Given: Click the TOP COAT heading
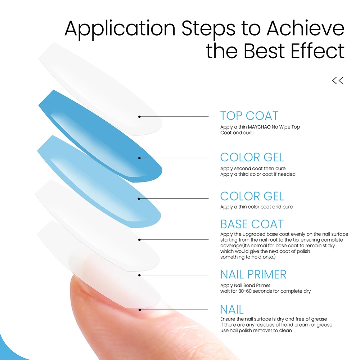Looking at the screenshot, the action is [249, 116].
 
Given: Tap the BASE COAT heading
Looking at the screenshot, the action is [252, 224].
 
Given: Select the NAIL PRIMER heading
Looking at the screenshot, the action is [253, 274].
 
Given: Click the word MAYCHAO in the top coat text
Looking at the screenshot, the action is [259, 127].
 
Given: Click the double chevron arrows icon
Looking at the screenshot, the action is [338, 81].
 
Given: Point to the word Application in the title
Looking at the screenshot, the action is [120, 30].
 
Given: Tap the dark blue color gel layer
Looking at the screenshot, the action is [100, 136].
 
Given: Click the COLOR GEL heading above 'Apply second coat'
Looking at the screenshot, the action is [252, 157].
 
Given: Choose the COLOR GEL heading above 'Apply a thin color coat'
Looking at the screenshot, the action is [252, 196].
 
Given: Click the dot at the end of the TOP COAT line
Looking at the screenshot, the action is [139, 117].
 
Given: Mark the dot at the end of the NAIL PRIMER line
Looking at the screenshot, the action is [139, 275].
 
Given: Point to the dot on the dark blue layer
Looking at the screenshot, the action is [139, 158].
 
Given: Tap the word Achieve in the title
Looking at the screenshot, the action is [305, 28].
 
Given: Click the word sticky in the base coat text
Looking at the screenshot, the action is [329, 246].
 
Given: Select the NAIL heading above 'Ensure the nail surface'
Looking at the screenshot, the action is [232, 310].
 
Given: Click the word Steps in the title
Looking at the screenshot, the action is [208, 30].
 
